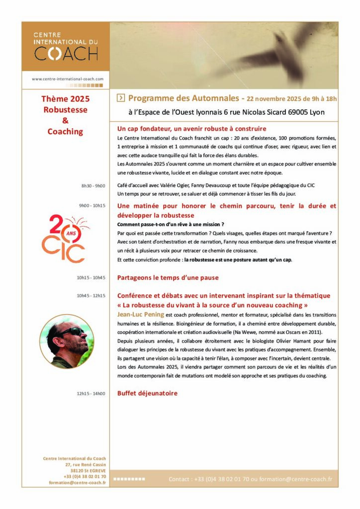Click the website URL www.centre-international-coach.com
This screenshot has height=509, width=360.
tap(68, 79)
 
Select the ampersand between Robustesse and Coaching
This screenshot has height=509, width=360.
tap(65, 121)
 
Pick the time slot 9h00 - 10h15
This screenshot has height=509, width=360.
tap(92, 205)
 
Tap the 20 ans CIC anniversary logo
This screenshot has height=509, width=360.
tap(63, 239)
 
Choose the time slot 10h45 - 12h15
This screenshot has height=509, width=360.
tap(91, 296)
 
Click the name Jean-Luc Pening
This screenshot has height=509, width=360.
tap(141, 315)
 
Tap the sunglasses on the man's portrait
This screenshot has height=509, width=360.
tap(73, 332)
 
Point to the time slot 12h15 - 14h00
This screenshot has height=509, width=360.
tap(91, 394)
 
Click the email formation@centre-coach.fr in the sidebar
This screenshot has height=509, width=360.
tap(78, 483)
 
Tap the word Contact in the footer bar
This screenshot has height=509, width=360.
tap(179, 479)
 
